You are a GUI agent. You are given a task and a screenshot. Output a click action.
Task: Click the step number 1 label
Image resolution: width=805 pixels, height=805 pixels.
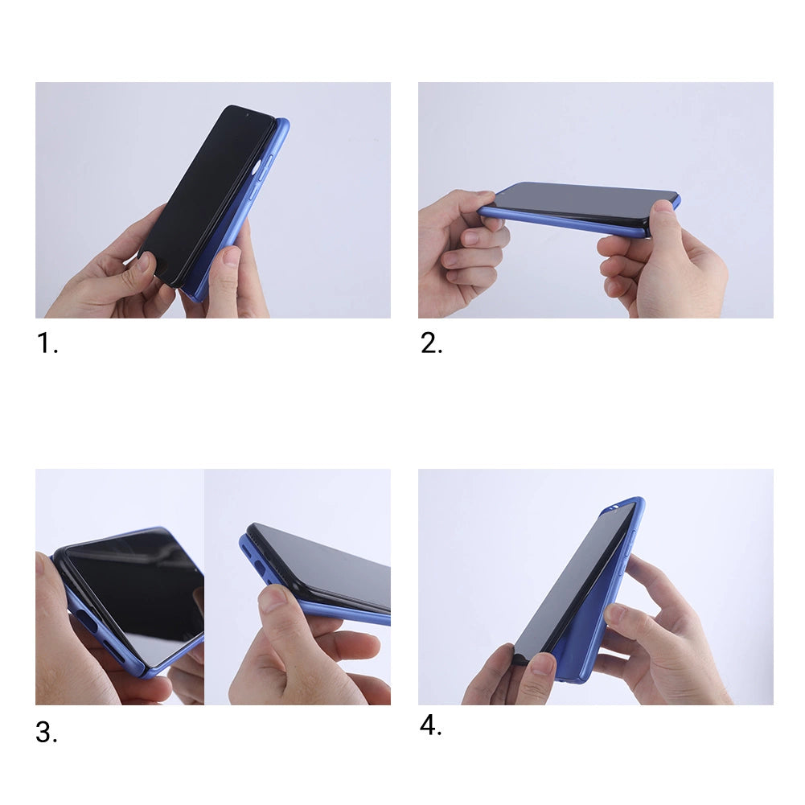(x=47, y=343)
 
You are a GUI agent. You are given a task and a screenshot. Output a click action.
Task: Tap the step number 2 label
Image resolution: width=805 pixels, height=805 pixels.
(x=431, y=343)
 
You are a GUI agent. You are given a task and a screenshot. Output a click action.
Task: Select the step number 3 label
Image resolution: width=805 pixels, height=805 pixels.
(x=47, y=733)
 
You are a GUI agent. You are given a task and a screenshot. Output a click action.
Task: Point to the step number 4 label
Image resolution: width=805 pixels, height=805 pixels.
(x=430, y=725)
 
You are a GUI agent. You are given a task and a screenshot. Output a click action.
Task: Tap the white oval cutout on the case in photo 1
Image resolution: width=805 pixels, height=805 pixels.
(x=257, y=167)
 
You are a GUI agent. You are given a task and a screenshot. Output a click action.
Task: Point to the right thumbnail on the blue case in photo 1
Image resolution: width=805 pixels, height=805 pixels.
(x=231, y=257)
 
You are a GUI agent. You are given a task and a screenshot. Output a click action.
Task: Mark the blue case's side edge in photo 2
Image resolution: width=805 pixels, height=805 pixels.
(x=563, y=223)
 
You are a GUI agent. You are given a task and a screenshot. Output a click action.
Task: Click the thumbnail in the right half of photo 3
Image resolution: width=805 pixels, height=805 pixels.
(x=273, y=598)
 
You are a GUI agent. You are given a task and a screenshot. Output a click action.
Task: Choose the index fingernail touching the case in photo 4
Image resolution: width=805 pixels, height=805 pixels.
(x=614, y=614)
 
